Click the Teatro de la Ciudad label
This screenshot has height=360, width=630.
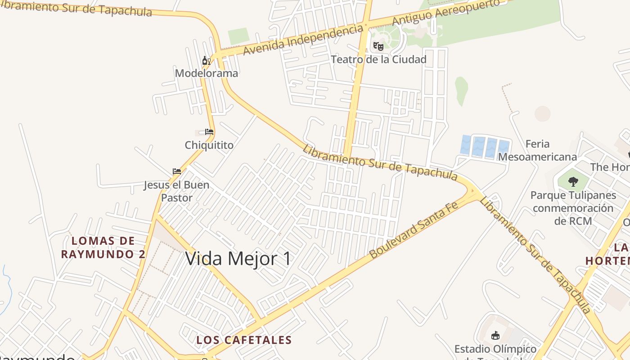pos(378,59)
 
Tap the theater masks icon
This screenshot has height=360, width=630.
pos(378,46)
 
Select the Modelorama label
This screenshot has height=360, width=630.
pos(207,73)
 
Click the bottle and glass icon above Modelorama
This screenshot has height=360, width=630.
pos(206,60)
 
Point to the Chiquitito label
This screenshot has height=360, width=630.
pos(209,145)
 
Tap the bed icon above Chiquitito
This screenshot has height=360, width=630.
pos(209,132)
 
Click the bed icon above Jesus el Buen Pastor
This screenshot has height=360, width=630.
pos(177,171)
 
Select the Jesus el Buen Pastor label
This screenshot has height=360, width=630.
pos(176,191)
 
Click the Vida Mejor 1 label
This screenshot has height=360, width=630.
pos(238,259)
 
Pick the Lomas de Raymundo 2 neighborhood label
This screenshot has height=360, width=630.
pos(103,247)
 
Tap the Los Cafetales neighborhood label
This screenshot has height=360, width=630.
pos(244,340)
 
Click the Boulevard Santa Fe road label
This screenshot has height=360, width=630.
pos(413,230)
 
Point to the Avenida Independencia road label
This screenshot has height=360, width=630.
pos(303,40)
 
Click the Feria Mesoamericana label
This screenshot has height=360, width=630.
pos(537,150)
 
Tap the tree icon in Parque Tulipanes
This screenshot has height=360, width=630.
pos(573,181)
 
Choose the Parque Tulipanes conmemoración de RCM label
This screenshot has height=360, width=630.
pos(573,208)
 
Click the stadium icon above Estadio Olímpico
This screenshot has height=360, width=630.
pos(495,335)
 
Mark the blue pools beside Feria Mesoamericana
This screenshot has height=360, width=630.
pos(485,147)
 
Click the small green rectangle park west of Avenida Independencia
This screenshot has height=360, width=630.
pos(238,36)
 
